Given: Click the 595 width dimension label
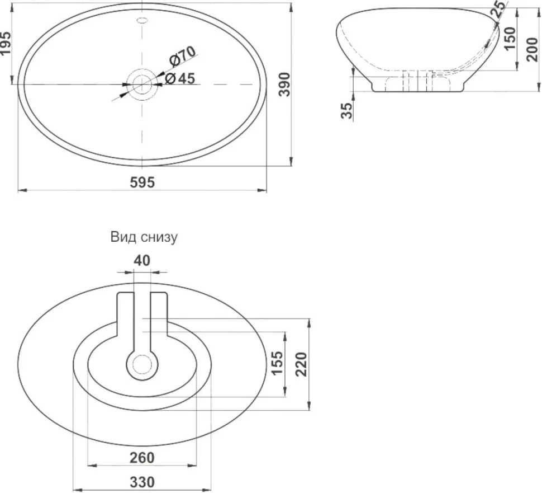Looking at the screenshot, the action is (142, 182).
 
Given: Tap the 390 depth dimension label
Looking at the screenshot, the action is (285, 84).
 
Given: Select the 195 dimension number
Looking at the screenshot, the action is (6, 43).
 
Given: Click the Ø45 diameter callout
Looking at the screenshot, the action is (180, 78).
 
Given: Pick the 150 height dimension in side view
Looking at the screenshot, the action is (510, 39).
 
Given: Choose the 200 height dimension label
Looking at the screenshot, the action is (533, 49).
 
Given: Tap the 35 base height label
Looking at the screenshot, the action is (348, 111).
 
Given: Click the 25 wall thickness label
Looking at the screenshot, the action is (499, 8).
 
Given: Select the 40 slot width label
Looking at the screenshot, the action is (142, 260).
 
